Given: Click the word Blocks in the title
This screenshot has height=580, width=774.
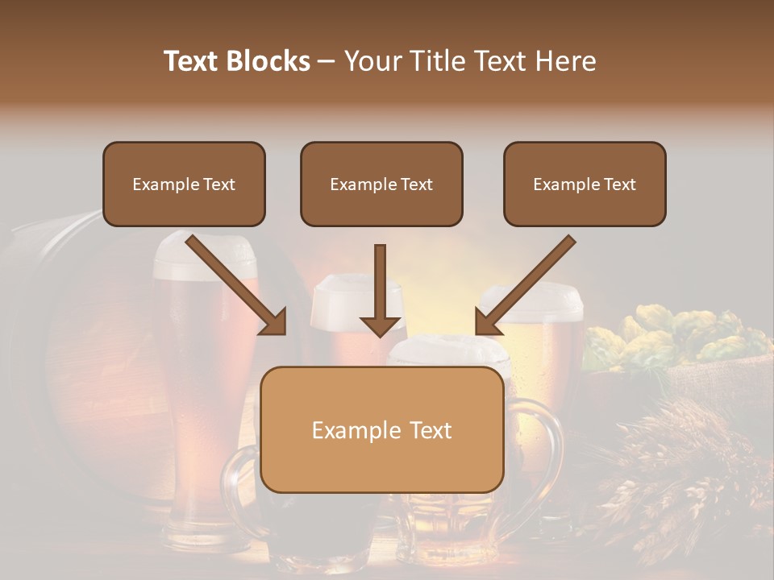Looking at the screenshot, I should tap(268, 61).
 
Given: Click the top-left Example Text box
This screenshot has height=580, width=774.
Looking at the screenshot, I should tap(184, 184).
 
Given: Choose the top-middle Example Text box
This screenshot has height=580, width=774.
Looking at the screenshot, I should tap(381, 184).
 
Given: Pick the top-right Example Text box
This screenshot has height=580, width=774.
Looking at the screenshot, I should tap(585, 184).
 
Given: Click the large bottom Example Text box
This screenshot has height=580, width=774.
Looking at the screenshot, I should tap(381, 429).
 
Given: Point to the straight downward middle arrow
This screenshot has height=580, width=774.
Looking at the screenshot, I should tap(381, 282).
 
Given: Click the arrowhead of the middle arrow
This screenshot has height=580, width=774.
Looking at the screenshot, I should tap(381, 325).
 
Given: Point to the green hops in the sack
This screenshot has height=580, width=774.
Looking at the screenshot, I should tap(677, 334).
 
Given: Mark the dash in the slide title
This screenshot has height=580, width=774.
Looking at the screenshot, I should tap(327, 61).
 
